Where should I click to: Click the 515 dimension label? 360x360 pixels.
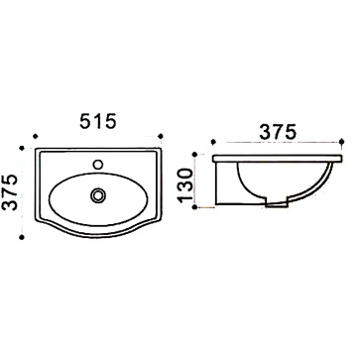point(98,121)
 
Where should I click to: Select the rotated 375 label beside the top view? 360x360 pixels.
point(10,192)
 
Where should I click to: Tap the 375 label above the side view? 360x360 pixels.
point(278,133)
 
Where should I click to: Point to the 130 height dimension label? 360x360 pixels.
point(185,185)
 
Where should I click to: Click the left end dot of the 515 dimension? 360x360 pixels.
point(36,136)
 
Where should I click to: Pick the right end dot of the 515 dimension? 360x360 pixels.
point(161,136)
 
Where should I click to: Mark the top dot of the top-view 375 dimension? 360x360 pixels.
point(22,148)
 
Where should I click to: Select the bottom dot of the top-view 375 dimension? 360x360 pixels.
point(22,237)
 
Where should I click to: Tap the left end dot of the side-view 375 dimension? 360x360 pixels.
point(213,142)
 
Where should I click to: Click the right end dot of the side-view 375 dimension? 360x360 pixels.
point(342,142)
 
